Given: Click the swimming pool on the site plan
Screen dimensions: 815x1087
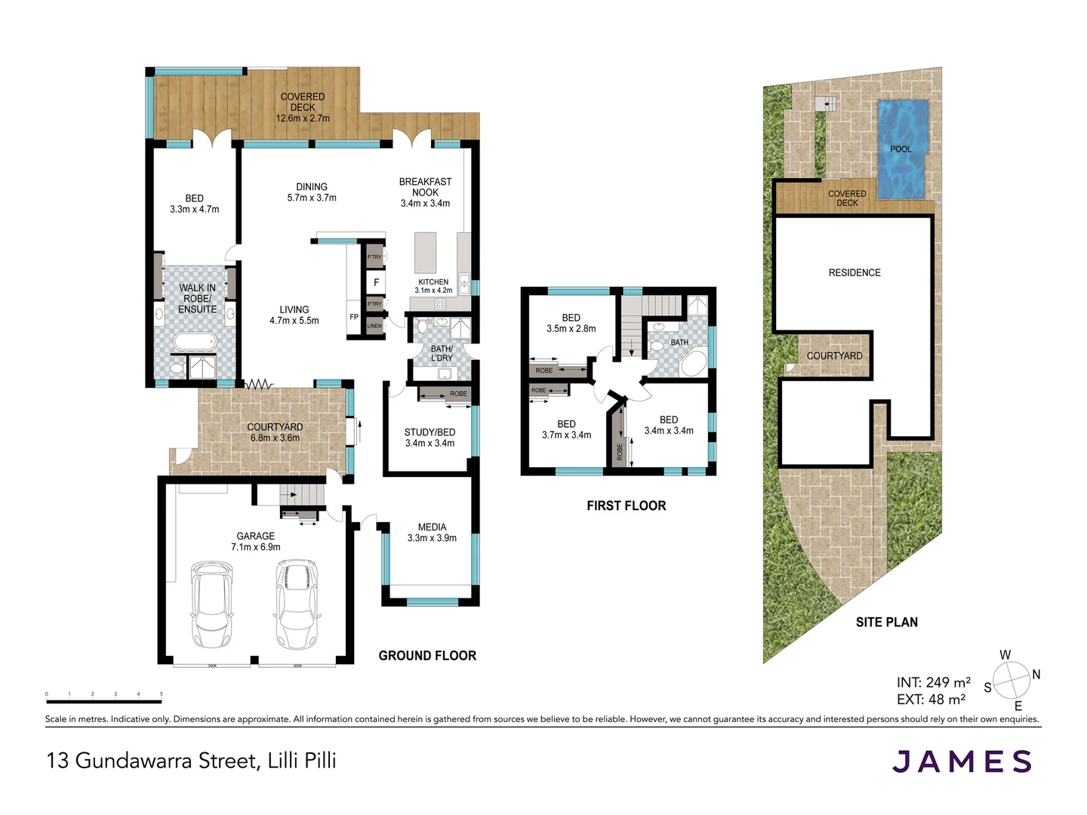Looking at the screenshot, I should click(902, 149).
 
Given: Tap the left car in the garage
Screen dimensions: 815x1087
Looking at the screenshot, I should click(211, 604).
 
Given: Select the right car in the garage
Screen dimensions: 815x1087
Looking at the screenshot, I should click(297, 604).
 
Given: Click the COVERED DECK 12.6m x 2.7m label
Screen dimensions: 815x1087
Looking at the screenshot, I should click(302, 107).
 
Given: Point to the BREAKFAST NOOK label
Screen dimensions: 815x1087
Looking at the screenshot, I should click(425, 192).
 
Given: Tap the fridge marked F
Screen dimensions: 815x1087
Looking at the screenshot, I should click(376, 282).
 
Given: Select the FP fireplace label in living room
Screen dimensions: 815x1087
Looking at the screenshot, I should click(354, 317).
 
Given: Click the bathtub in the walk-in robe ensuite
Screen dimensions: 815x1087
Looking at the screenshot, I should click(195, 343).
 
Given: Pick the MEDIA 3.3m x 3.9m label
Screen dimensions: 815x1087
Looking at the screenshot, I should click(432, 533).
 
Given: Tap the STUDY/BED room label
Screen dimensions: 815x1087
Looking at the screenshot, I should click(430, 438).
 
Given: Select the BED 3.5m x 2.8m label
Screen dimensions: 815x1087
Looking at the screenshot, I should click(571, 323).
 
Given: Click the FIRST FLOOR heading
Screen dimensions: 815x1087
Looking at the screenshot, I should click(626, 506).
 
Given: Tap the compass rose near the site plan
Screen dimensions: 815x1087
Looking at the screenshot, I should click(1012, 681).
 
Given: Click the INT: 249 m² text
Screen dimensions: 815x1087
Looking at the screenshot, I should click(934, 682).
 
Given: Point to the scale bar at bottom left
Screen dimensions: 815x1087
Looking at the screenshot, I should click(103, 702).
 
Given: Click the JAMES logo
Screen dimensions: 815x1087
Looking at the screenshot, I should click(962, 761).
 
